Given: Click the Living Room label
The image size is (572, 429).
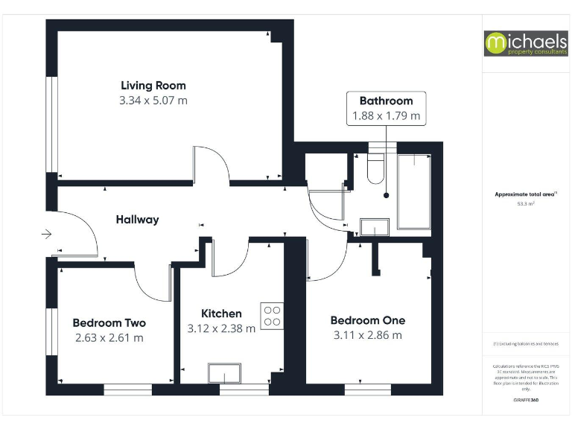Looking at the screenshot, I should (153, 85).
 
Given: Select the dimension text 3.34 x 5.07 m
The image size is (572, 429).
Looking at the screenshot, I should (153, 101).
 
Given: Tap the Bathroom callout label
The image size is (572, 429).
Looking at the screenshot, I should (386, 101).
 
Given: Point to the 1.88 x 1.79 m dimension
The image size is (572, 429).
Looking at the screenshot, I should (386, 116).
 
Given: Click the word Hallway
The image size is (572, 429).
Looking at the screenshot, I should (137, 220).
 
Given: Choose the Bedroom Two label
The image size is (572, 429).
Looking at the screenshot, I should (109, 322).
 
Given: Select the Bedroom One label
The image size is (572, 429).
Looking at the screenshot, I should (368, 320).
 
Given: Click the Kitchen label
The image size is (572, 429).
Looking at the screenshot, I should (221, 314).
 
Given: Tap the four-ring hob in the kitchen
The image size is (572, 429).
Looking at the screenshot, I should (272, 317).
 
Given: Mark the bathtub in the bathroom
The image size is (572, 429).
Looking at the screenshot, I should (413, 191).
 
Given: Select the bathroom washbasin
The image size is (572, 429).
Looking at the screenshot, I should (374, 226).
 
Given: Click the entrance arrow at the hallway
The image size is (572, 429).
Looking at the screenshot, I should (46, 235).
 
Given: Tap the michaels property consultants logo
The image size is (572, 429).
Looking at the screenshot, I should (526, 43).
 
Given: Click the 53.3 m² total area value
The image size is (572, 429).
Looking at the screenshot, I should (526, 202).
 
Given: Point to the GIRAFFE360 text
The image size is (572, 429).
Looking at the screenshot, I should (526, 401).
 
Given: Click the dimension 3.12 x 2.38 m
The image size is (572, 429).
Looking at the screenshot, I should (221, 328).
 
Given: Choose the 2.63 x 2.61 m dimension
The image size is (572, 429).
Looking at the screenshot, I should (109, 337).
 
